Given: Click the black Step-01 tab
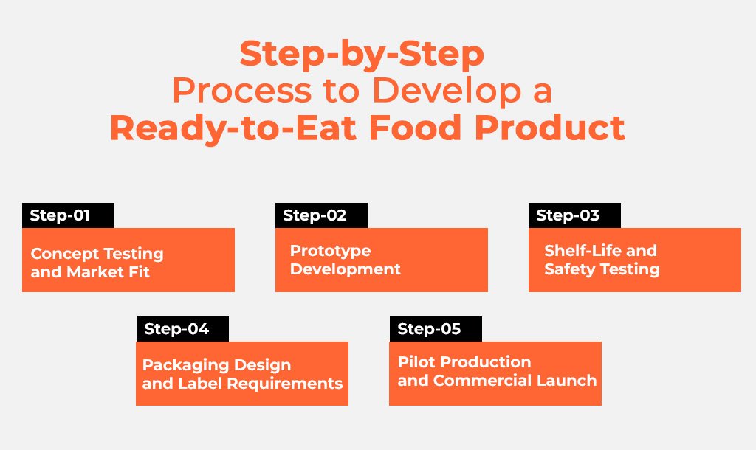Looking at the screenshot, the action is [68, 215].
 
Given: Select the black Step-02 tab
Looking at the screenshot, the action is [321, 215].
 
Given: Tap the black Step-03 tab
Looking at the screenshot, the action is [574, 215].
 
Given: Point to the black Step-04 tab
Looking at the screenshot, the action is [182, 329].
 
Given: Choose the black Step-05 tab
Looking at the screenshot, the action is [436, 329].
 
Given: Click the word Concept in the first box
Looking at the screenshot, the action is [65, 254].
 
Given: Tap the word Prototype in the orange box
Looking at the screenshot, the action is [330, 251].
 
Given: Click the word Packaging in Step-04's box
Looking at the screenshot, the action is [182, 366].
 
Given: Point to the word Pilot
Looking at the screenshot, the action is [415, 361].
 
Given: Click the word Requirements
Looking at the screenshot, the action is [284, 384].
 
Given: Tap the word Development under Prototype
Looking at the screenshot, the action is [346, 269].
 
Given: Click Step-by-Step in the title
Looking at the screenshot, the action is [362, 55].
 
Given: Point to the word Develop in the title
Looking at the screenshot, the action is [447, 91].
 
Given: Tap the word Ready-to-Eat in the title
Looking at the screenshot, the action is [233, 129].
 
